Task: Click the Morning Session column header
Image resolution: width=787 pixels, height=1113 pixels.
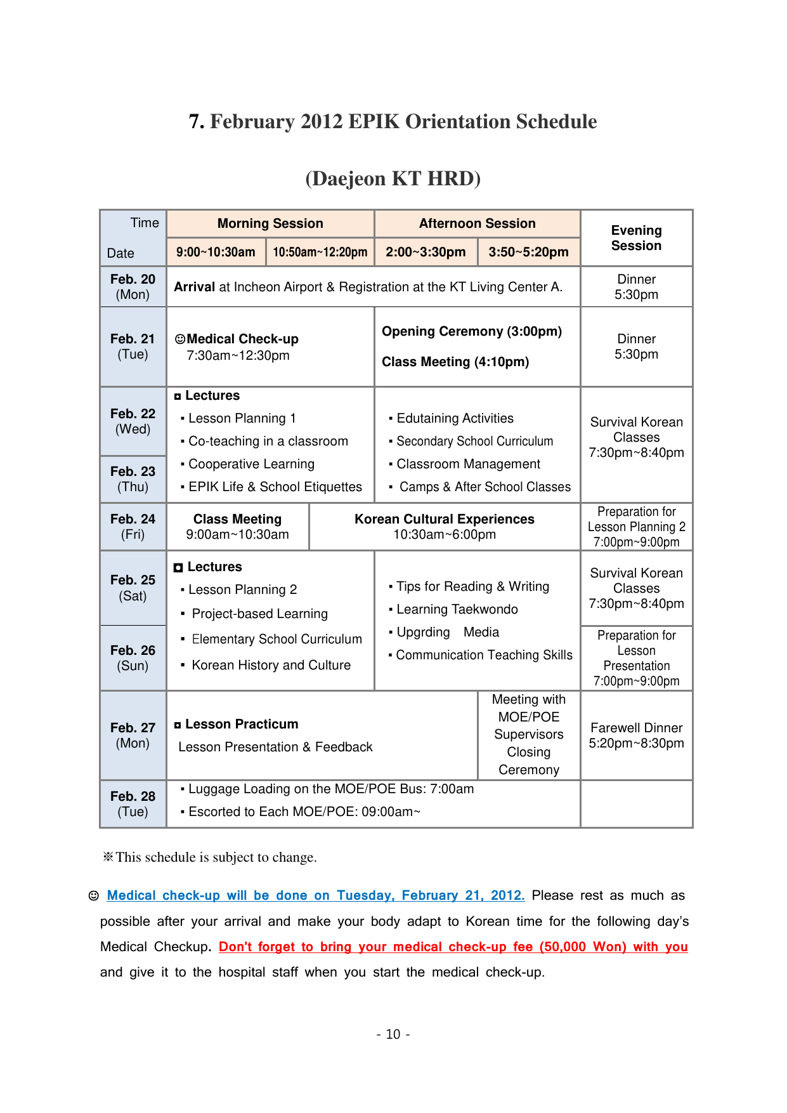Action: (270, 223)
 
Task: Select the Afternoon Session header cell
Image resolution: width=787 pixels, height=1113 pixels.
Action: (477, 223)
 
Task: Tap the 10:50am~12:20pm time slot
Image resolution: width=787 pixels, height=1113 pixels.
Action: (320, 252)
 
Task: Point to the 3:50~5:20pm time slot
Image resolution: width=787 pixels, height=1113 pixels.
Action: (528, 252)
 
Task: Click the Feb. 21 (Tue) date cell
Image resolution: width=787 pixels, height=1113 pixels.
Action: (133, 346)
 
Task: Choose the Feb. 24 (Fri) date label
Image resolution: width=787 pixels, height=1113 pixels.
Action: (133, 527)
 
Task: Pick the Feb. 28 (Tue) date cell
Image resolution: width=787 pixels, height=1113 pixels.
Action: (133, 804)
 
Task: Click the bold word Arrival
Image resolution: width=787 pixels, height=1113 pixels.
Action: (194, 287)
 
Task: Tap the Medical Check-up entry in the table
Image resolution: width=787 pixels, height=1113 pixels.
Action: (242, 339)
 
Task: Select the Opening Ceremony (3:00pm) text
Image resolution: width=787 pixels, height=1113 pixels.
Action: (471, 331)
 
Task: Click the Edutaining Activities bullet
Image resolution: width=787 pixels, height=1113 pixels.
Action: (455, 418)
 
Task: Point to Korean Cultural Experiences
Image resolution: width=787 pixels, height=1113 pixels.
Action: (444, 519)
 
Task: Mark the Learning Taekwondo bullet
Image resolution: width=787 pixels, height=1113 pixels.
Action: (457, 609)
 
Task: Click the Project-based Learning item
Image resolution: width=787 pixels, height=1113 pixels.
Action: (259, 614)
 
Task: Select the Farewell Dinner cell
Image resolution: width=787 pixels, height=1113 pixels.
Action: (636, 735)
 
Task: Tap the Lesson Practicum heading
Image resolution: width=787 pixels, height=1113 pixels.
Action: (241, 724)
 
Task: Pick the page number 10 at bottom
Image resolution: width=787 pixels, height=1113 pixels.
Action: (393, 1034)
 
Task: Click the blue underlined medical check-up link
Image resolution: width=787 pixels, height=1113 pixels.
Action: (315, 895)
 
